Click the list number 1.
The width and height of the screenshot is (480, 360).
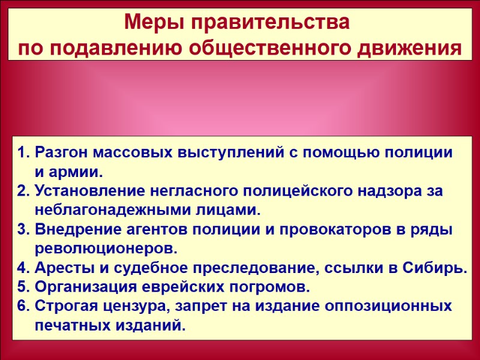tap(22, 152)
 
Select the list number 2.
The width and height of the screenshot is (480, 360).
tap(23, 191)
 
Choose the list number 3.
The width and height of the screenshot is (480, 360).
tap(23, 230)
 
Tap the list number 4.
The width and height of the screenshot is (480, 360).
tap(23, 268)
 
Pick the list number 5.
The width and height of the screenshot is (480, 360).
tap(23, 287)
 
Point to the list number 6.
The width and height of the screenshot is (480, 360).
tap(23, 306)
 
